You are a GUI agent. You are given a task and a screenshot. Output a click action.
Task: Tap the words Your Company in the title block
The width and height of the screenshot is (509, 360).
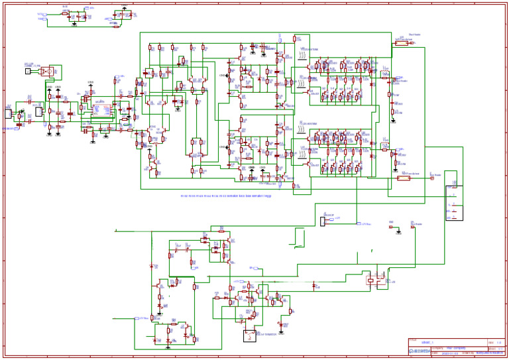point(457,347)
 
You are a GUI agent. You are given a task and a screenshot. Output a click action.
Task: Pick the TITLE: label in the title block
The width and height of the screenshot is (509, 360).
point(414,340)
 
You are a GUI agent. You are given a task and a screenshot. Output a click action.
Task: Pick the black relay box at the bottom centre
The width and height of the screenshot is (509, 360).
point(250,335)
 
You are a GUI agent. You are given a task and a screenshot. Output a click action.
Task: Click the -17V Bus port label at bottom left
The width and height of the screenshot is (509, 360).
point(139,318)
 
